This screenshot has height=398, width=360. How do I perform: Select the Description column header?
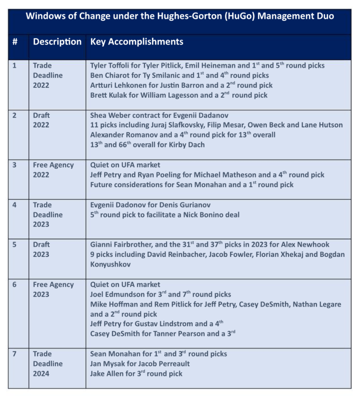[57, 42]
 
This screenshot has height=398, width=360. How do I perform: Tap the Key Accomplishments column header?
[137, 42]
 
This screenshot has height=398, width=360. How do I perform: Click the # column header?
[15, 42]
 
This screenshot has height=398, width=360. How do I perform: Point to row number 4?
[15, 205]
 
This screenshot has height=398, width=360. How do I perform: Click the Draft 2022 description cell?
[42, 120]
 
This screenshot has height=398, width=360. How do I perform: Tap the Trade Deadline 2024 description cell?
[47, 364]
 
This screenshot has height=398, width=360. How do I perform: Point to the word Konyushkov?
[111, 264]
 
